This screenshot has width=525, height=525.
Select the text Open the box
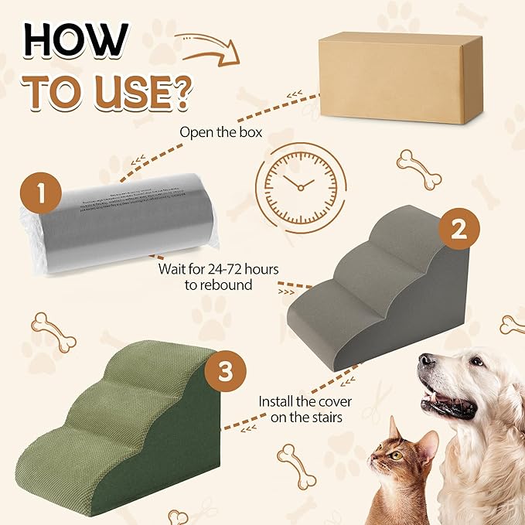[x=220, y=132]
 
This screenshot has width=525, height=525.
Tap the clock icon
[x=298, y=184]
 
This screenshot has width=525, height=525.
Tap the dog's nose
[x=426, y=362]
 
